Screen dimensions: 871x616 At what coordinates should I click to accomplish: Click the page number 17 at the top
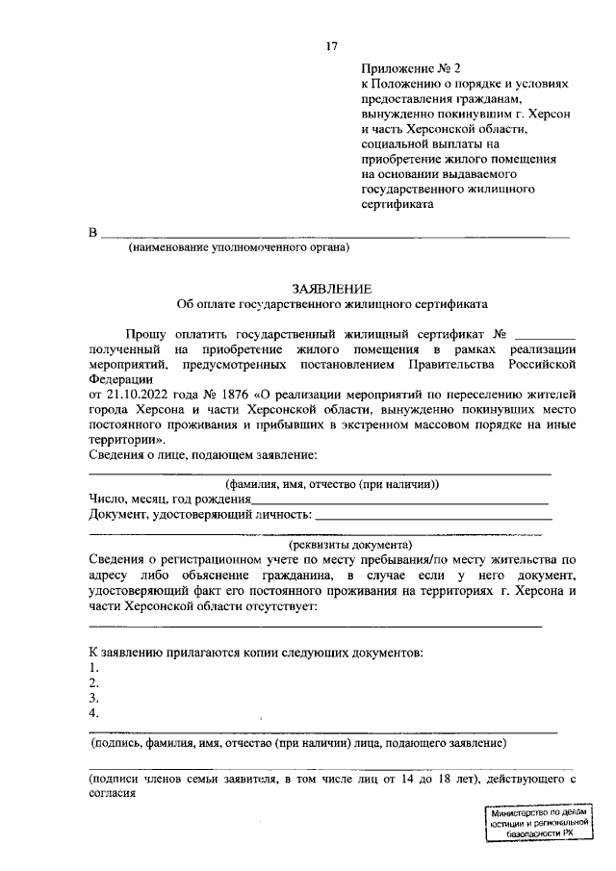click(x=331, y=47)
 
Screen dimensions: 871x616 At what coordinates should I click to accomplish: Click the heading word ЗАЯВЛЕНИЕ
click(x=331, y=288)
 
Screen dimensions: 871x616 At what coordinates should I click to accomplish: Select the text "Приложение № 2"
click(x=398, y=69)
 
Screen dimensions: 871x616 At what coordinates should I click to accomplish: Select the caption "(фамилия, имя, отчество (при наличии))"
click(x=331, y=484)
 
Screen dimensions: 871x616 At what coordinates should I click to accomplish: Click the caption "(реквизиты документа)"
click(x=330, y=543)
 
